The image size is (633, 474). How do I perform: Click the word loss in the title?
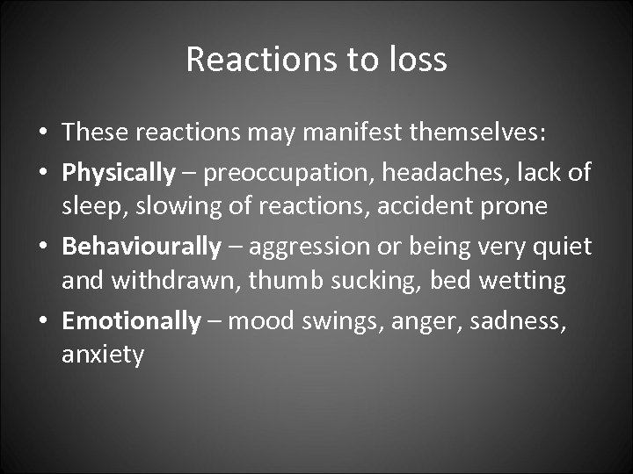click(x=418, y=60)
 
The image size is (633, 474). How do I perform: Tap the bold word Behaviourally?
click(x=142, y=248)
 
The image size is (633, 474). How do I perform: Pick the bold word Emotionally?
click(x=132, y=321)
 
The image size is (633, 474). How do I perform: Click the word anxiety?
click(x=103, y=355)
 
